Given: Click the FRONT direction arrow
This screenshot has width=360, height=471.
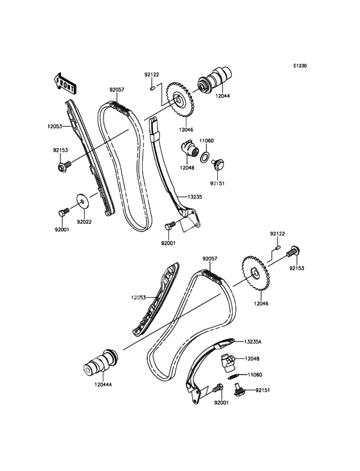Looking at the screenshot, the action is [x=65, y=83].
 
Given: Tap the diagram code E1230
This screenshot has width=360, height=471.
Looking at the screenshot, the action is [x=300, y=66].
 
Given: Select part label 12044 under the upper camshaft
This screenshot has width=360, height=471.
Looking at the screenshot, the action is [x=222, y=96].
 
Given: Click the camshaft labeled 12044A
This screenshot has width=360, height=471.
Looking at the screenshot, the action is [x=100, y=363].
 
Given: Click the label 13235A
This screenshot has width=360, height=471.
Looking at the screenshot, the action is [x=252, y=342].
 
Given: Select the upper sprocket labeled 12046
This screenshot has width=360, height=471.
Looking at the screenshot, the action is [x=179, y=100].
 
